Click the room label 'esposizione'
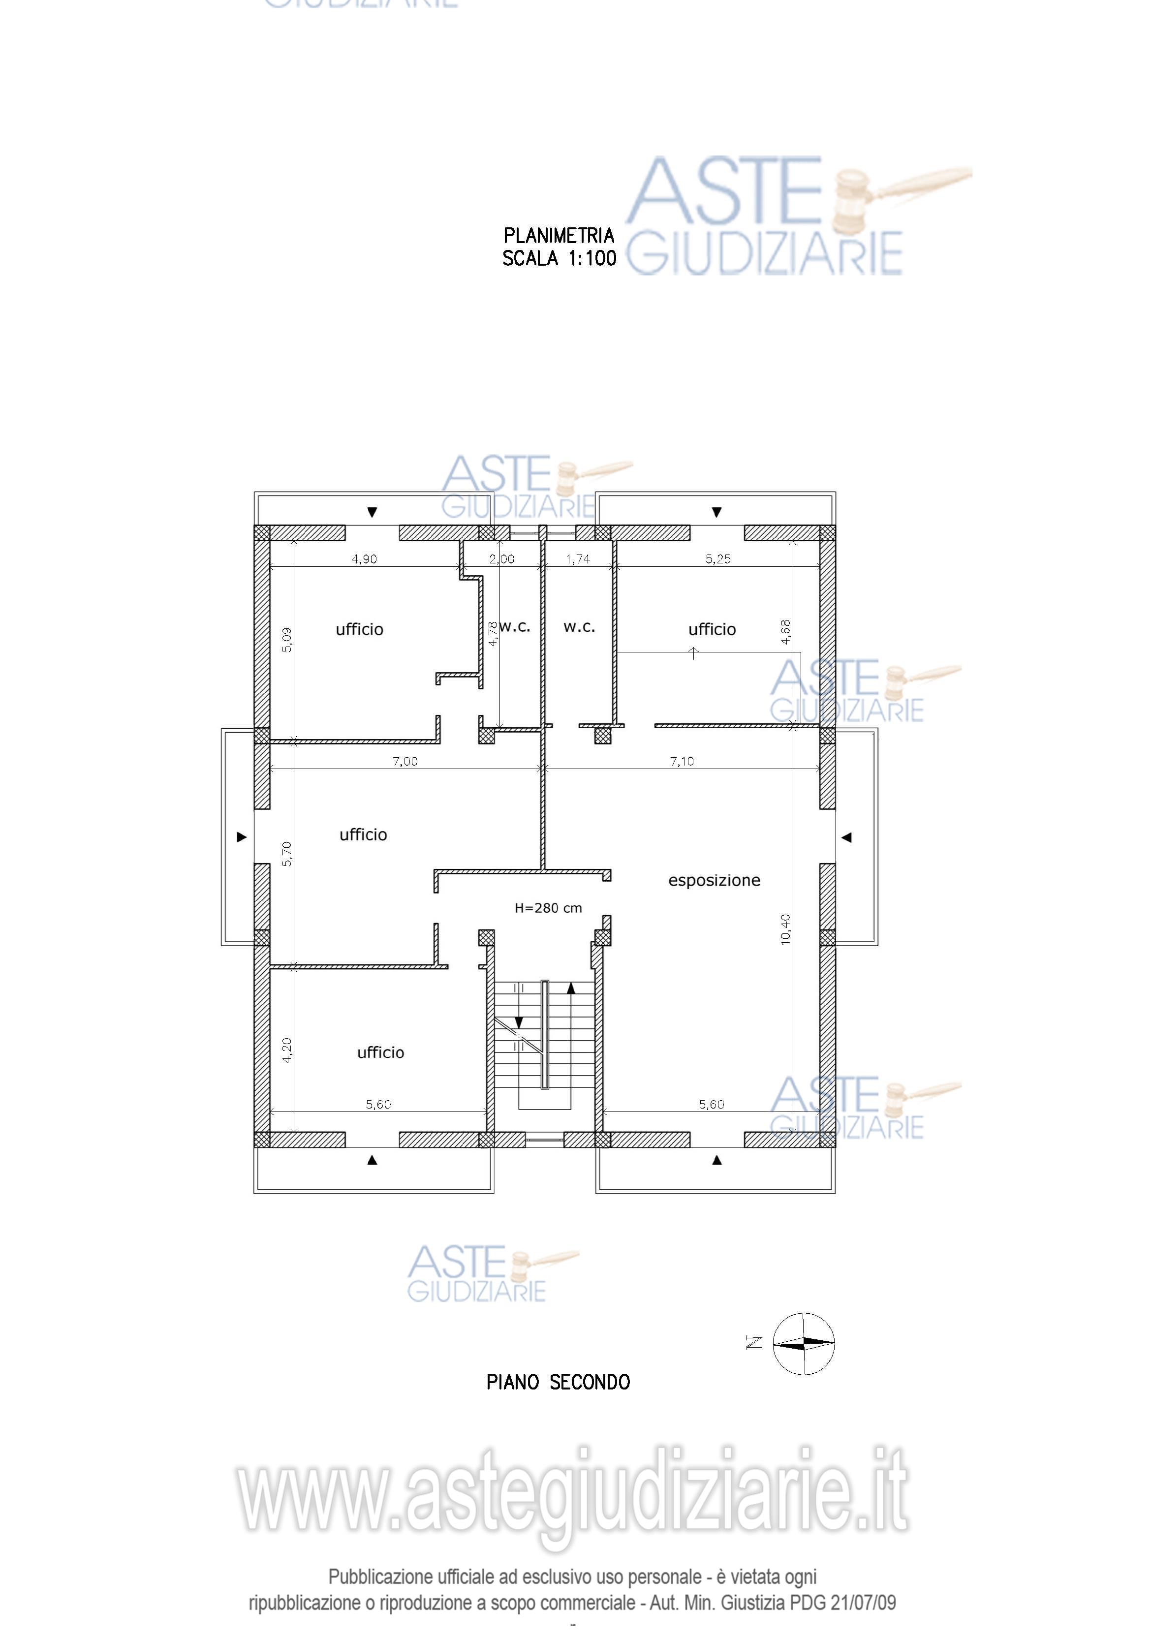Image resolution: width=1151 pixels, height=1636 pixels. point(714,881)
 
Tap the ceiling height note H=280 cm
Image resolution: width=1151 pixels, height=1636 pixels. point(548,908)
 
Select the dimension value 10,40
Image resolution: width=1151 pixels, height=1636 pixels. point(785,929)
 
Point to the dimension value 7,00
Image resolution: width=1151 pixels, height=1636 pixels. point(405,761)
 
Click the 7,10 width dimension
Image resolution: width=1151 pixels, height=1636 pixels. point(682,761)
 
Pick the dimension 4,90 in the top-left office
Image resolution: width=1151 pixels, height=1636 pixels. point(364,558)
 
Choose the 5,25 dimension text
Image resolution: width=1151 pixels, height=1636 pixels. point(718,558)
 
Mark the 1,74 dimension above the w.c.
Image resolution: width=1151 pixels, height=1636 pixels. point(578,558)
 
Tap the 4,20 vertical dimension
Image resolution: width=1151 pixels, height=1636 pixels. point(286,1050)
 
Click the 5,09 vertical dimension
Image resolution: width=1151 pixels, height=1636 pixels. point(286,639)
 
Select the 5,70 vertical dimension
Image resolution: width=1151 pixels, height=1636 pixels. point(286,854)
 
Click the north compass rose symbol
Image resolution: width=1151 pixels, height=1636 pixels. point(803,1343)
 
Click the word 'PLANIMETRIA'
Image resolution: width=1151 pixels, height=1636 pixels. point(559,235)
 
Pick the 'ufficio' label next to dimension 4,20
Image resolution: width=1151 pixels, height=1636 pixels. point(380,1052)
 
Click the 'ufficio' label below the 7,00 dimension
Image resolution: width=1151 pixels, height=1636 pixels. point(364,834)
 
